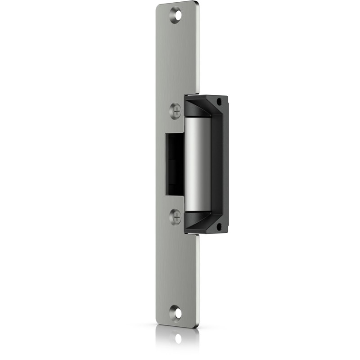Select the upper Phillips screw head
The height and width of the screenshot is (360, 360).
(176, 110)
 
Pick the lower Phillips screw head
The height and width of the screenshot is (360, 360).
(175, 217)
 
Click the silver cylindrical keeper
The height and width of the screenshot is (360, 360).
(197, 165)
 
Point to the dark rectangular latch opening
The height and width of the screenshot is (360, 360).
(174, 164)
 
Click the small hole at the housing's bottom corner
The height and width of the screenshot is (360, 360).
(219, 226)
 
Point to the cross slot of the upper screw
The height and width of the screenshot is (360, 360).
(177, 110)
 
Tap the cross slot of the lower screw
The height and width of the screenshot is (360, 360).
(177, 217)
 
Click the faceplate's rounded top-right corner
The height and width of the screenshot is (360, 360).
(196, 4)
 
